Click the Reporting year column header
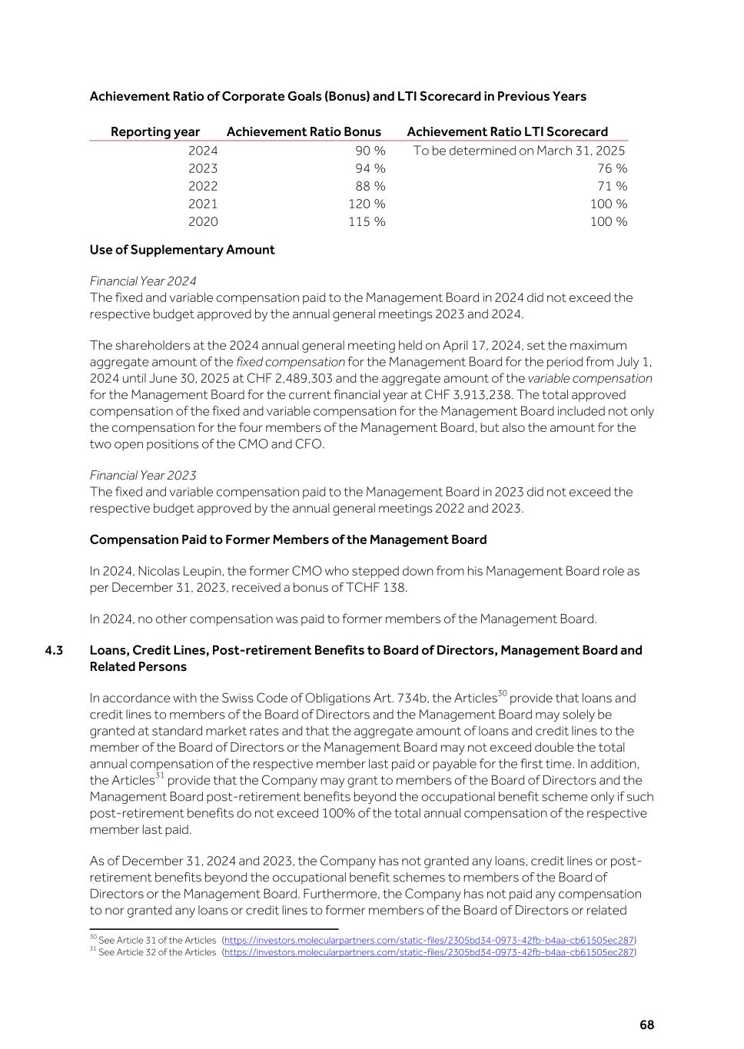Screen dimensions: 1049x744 pyautogui.click(x=155, y=131)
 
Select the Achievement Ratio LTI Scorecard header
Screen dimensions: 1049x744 pyautogui.click(x=507, y=131)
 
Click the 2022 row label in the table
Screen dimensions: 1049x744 pyautogui.click(x=203, y=186)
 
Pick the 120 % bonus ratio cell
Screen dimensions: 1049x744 pyautogui.click(x=367, y=204)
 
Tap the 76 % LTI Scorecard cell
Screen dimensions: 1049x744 pyautogui.click(x=612, y=168)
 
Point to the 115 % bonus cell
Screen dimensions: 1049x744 pyautogui.click(x=367, y=221)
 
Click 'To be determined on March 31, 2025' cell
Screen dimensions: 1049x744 pyautogui.click(x=519, y=151)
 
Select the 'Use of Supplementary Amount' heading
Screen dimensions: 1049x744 pyautogui.click(x=182, y=250)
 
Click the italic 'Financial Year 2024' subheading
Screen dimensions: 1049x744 pyautogui.click(x=143, y=281)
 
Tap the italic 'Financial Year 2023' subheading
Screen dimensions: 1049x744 pyautogui.click(x=143, y=475)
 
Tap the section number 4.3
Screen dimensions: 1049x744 pyautogui.click(x=54, y=650)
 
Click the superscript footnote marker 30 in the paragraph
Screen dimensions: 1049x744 pyautogui.click(x=502, y=694)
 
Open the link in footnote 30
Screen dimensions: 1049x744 pyautogui.click(x=429, y=940)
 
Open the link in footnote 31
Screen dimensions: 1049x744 pyautogui.click(x=429, y=952)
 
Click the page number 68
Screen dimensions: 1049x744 pyautogui.click(x=646, y=1025)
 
